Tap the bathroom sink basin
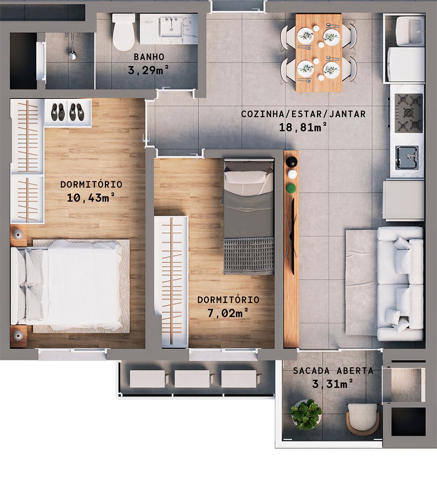[x=172, y=27]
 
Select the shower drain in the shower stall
[x=72, y=55]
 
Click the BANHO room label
[x=149, y=57]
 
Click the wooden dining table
[x=319, y=52]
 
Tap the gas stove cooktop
[x=408, y=113]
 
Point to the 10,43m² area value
[x=91, y=197]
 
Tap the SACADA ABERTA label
[x=333, y=371]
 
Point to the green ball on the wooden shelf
[x=291, y=188]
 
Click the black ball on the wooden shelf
[x=291, y=162]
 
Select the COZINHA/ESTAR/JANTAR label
[x=303, y=114]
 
